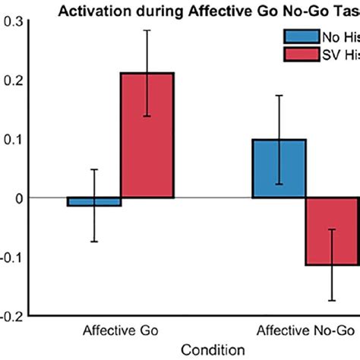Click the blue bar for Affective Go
coord(94,202)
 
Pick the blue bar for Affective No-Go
coord(279,169)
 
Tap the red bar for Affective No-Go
coord(332,231)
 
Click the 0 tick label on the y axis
coord(19,198)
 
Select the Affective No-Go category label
coord(305,331)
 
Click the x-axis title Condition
coord(214,349)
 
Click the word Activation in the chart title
coord(100,8)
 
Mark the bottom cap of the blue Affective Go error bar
coord(94,242)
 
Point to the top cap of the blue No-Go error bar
coord(279,96)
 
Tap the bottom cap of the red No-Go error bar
coord(332,301)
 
